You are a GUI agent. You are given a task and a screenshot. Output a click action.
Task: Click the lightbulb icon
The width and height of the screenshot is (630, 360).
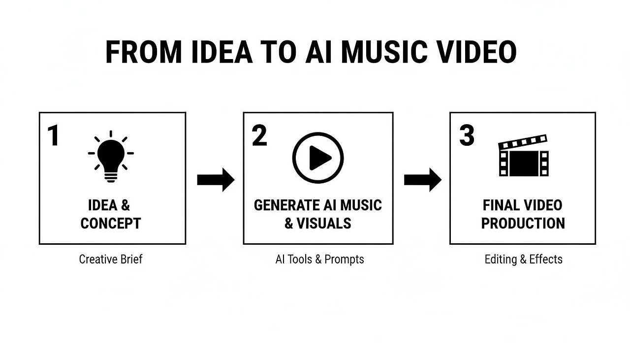pos(111,157)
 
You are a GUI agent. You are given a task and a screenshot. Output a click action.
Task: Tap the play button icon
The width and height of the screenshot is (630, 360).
pos(318,158)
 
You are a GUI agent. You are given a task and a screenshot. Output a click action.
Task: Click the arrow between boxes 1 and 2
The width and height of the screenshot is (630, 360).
pos(216,180)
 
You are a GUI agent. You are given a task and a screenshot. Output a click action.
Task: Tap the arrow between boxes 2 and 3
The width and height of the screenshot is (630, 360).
pos(422,180)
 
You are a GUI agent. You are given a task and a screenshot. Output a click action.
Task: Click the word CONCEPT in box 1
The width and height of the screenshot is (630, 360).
pos(111,224)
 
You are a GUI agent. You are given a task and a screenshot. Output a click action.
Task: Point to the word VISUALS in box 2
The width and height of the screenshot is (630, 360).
pos(324,224)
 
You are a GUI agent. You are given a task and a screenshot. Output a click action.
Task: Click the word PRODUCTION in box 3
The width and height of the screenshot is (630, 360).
pos(523,224)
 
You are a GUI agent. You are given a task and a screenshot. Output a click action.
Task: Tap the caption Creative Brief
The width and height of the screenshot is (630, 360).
pos(111,259)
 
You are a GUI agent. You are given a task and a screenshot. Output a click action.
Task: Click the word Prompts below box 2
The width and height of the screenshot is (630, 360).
pos(345,259)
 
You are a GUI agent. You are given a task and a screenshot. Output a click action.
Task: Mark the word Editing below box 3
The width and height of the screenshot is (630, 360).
pos(501,259)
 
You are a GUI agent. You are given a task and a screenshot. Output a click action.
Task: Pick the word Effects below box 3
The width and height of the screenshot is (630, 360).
pos(546,259)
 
